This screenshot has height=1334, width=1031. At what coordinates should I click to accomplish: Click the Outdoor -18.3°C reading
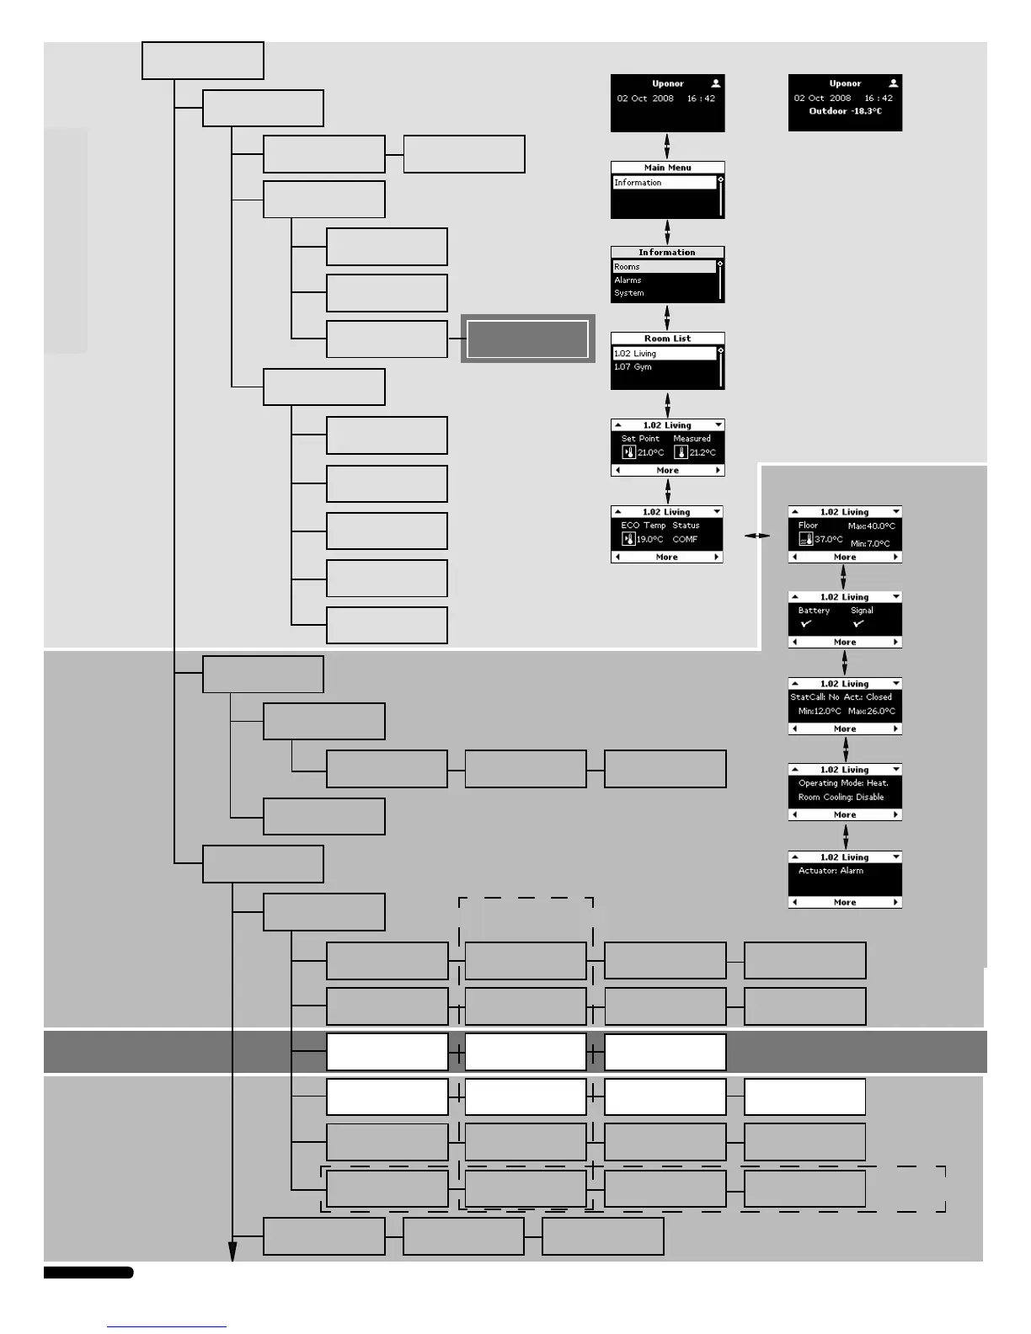point(845,111)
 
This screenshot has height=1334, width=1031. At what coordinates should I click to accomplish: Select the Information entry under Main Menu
point(638,183)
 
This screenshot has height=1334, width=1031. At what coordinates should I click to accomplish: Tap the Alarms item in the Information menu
point(628,280)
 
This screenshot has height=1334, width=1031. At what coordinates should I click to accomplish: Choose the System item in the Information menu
point(628,293)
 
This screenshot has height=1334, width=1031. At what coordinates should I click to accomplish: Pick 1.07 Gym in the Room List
point(633,367)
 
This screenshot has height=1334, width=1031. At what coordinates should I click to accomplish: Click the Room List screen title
point(667,339)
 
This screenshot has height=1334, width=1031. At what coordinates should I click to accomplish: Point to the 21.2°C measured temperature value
point(702,453)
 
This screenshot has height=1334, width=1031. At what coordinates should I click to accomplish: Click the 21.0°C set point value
point(650,453)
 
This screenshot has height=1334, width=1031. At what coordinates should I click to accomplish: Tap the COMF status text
point(685,540)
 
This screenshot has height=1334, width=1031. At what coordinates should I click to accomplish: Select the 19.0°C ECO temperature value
point(649,540)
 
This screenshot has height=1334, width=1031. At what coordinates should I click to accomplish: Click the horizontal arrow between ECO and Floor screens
point(756,536)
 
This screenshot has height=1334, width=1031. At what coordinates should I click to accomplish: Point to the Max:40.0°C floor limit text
point(871,526)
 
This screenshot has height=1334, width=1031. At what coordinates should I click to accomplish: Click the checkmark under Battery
point(806,624)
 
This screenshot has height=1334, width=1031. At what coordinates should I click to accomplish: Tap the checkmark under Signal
point(858,624)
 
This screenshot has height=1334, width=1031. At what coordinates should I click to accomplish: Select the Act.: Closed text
point(868,697)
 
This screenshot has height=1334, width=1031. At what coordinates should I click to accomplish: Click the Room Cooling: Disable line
point(841,798)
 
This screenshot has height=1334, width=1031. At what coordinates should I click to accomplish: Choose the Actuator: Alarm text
point(831,871)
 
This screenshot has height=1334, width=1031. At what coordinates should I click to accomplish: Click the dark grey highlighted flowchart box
point(527,339)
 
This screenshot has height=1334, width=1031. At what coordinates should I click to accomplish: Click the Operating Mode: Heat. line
point(842,783)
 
